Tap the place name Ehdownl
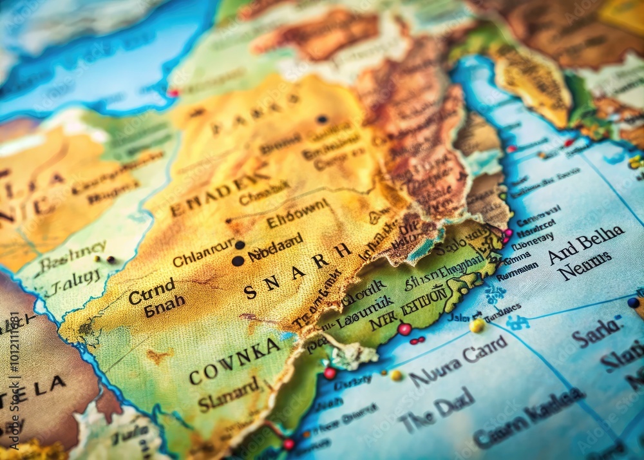point(298,214)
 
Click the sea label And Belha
point(586,244)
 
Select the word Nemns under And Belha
point(585,265)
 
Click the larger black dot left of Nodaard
point(238,261)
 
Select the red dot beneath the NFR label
point(404,329)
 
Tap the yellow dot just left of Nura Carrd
point(395,375)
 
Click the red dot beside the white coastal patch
point(330,373)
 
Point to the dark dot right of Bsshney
point(111,260)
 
